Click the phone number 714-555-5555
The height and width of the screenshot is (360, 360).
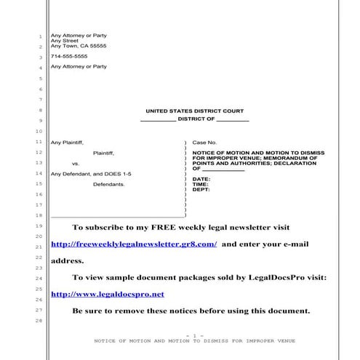click(x=69, y=56)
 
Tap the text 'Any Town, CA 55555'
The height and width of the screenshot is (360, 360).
click(x=79, y=46)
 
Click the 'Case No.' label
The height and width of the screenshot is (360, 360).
click(x=204, y=143)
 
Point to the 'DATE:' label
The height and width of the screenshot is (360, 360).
click(x=201, y=179)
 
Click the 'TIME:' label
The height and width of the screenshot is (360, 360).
click(x=201, y=184)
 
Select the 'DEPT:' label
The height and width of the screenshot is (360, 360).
click(x=201, y=189)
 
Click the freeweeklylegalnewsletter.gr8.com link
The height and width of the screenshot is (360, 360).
click(x=134, y=244)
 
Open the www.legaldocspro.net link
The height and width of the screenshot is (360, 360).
click(x=107, y=294)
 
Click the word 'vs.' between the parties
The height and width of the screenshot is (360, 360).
click(x=76, y=164)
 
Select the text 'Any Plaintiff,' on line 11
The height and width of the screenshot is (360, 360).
click(x=68, y=143)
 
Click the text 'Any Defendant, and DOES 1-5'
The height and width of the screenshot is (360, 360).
click(x=91, y=174)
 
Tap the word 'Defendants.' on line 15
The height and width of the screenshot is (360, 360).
click(x=109, y=184)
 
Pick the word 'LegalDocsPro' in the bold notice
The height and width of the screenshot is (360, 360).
click(x=280, y=277)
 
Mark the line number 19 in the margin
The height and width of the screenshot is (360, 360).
click(x=39, y=227)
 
